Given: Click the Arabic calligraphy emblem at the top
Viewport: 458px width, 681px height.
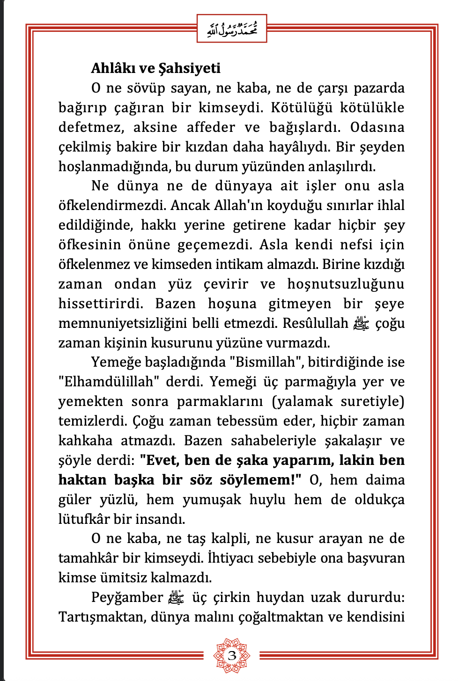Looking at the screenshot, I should click(x=232, y=29).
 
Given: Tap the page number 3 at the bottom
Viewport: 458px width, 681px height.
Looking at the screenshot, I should click(x=232, y=655).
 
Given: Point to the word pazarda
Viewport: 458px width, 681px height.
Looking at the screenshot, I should click(x=379, y=88).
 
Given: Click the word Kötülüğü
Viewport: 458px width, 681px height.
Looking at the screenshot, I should click(x=302, y=108).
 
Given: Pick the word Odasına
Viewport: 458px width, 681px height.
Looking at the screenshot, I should click(x=377, y=128).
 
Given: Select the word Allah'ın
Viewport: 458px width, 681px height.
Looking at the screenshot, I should click(x=237, y=206).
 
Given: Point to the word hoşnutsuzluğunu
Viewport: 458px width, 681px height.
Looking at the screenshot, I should click(x=346, y=284).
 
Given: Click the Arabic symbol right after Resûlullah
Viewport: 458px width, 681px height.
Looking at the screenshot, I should click(x=362, y=323).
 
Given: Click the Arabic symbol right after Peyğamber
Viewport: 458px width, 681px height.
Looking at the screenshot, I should click(x=176, y=597).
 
